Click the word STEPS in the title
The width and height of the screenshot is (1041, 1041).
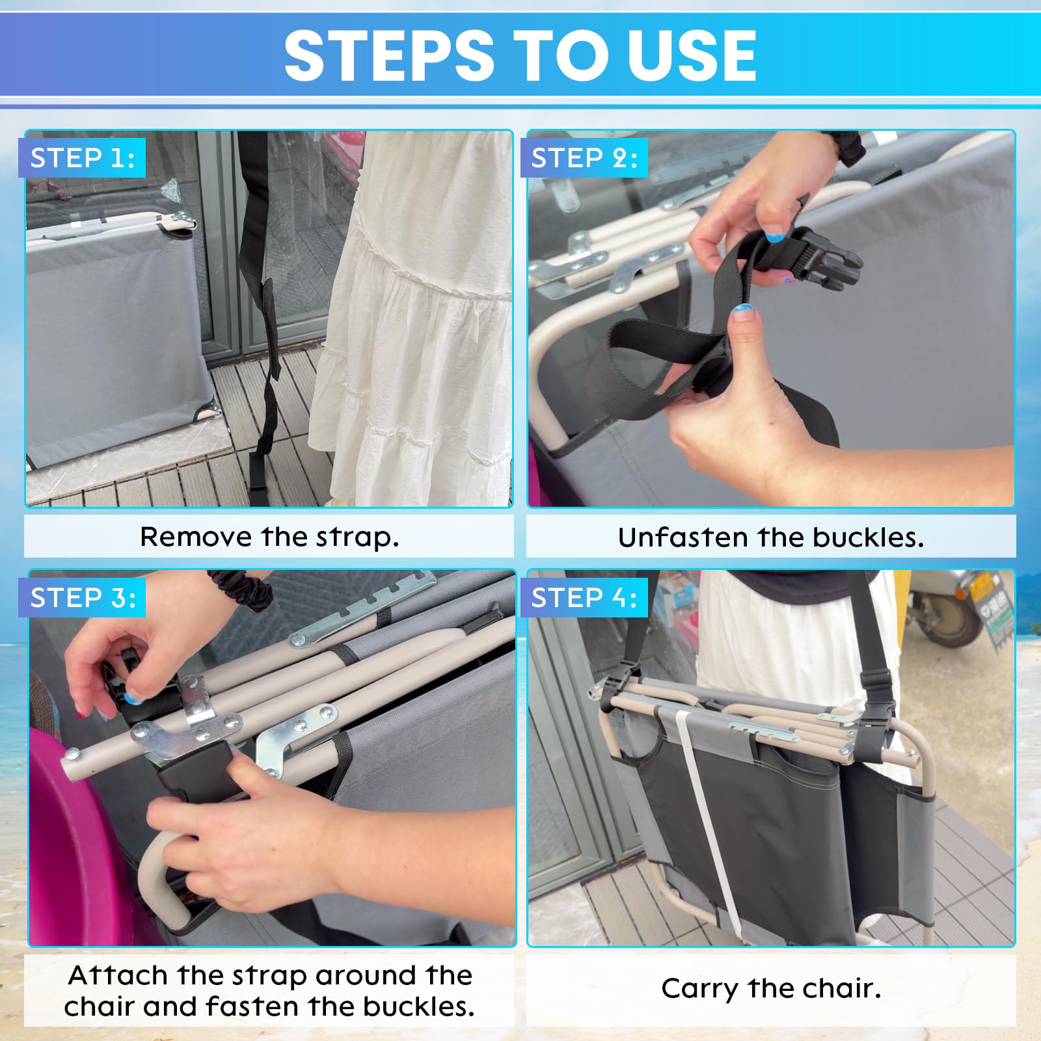tap(389, 56)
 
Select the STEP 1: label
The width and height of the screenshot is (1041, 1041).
tap(83, 158)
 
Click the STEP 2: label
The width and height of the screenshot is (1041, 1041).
tap(584, 158)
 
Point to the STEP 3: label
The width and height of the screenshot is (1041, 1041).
tap(83, 597)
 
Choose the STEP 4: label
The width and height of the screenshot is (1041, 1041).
tap(584, 597)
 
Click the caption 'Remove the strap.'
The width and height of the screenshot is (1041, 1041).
tap(269, 537)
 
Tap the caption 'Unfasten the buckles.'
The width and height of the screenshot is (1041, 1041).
tap(771, 537)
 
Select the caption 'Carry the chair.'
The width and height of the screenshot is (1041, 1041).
tap(771, 989)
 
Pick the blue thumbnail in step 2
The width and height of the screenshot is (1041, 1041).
tap(743, 311)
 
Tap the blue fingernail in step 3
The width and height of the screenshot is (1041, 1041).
tap(133, 697)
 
